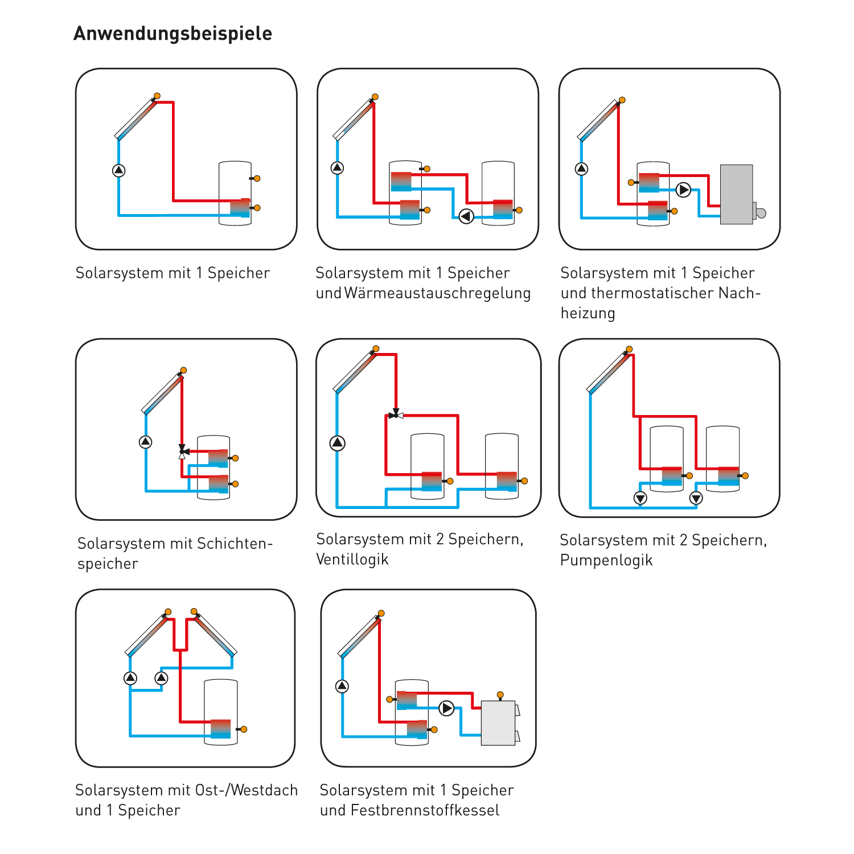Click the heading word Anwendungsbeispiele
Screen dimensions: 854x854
point(173,34)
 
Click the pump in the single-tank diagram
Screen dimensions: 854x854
point(118,170)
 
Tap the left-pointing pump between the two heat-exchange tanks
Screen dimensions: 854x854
point(466,216)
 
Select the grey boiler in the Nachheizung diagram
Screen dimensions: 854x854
point(737,194)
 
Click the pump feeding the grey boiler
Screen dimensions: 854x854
point(683,190)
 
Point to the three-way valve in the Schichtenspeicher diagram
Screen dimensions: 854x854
point(182,451)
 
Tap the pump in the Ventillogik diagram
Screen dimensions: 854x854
point(338,443)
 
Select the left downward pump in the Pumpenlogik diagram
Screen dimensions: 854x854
point(640,499)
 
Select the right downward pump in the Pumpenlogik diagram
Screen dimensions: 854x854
point(696,499)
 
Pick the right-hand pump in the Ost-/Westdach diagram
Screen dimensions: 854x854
point(162,678)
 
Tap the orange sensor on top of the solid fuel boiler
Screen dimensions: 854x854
point(500,695)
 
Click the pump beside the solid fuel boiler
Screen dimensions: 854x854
point(447,708)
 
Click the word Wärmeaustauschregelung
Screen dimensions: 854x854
point(437,293)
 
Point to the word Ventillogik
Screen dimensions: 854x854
point(352,559)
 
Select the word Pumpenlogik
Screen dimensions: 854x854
point(606,560)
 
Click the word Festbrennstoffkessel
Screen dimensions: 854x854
point(425,810)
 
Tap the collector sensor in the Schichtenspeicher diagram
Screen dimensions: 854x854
point(183,371)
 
